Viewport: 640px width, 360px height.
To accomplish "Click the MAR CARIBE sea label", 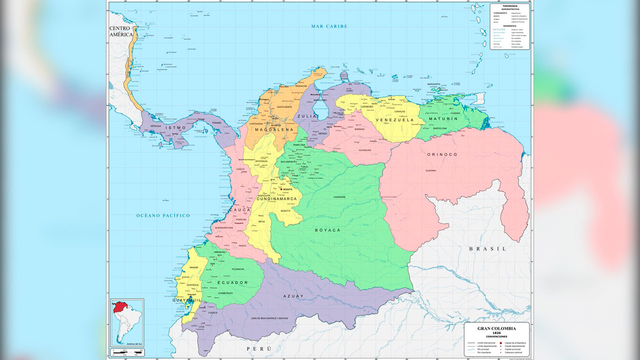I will click(x=328, y=26).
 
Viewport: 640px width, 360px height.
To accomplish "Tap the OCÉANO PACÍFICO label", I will click(x=163, y=215).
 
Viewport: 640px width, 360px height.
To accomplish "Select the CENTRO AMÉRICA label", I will click(x=121, y=31).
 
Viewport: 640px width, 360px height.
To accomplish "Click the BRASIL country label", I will click(x=487, y=248).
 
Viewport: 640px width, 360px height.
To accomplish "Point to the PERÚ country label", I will click(x=258, y=348).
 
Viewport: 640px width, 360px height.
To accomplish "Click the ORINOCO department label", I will click(x=442, y=154).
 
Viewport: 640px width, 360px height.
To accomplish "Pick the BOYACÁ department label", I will click(x=327, y=230).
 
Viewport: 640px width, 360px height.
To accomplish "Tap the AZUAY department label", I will click(x=293, y=296).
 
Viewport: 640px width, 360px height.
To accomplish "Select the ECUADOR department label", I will click(x=232, y=282).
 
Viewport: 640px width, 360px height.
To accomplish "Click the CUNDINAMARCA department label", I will click(x=277, y=199).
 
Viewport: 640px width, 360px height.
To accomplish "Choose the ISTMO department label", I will click(x=175, y=128).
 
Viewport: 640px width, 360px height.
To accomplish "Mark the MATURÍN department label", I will click(x=443, y=119).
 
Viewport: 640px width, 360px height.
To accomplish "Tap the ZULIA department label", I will click(x=307, y=116).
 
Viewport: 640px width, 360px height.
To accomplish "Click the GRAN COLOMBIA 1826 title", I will click(x=496, y=330).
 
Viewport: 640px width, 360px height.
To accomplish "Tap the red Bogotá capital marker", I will click(x=281, y=189).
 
